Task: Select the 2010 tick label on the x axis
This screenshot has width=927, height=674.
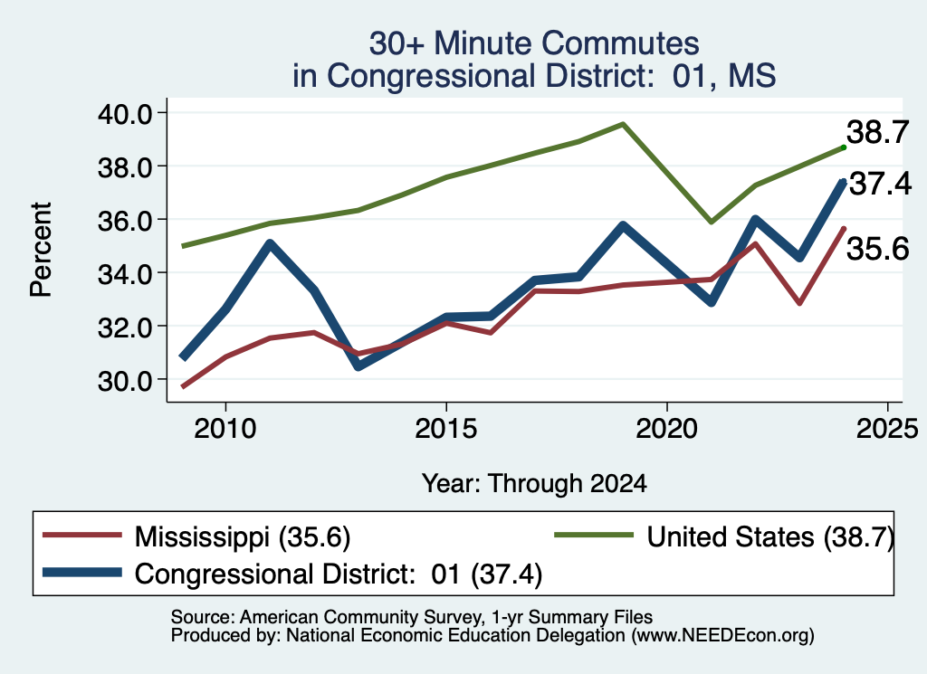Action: (225, 428)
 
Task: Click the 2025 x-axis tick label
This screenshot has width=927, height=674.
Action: (887, 428)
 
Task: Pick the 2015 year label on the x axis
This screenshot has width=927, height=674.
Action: (445, 428)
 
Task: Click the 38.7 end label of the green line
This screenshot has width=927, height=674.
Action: (877, 132)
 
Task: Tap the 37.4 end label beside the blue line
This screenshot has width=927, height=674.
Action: (880, 184)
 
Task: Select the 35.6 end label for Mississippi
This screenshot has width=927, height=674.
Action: (877, 249)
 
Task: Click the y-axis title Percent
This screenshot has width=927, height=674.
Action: (41, 250)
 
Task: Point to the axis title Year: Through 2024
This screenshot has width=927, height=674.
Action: (534, 483)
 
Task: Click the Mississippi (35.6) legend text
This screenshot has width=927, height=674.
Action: (243, 537)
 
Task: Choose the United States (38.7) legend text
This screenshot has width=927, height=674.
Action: (770, 537)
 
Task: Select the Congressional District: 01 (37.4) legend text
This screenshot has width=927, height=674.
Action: (339, 574)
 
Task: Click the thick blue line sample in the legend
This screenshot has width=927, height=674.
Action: (82, 573)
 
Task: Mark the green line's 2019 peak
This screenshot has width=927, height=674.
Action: (623, 124)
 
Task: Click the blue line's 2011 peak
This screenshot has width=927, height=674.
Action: (270, 243)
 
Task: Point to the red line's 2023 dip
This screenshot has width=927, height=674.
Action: (799, 303)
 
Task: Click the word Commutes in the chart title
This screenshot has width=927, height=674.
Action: (620, 43)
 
